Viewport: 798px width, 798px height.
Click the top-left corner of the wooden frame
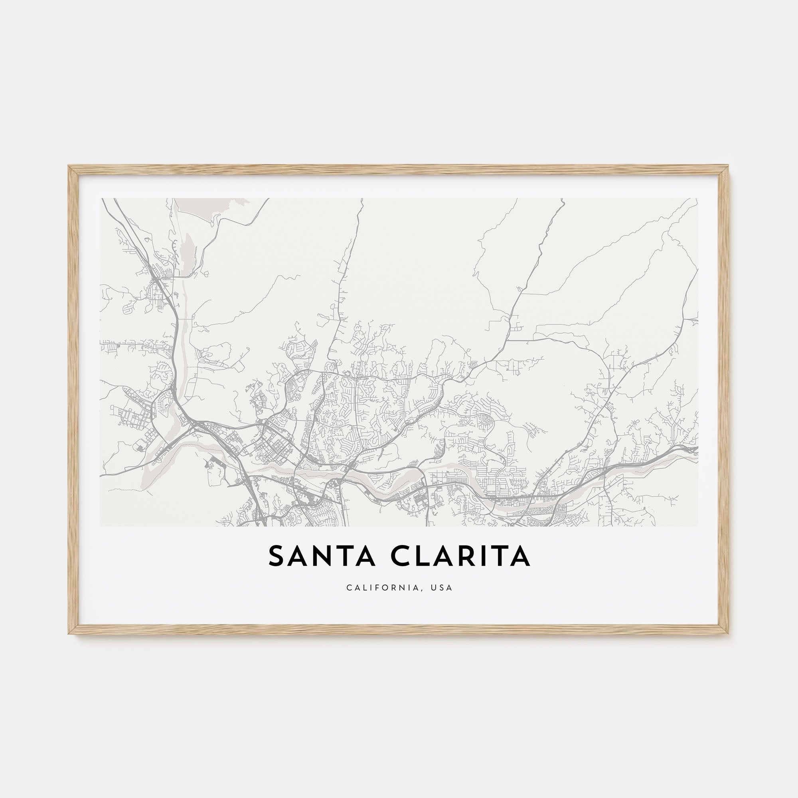coord(69,166)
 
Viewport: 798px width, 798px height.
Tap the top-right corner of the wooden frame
coord(729,166)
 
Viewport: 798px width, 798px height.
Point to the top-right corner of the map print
coord(697,199)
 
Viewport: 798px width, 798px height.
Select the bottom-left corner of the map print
coord(101,526)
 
